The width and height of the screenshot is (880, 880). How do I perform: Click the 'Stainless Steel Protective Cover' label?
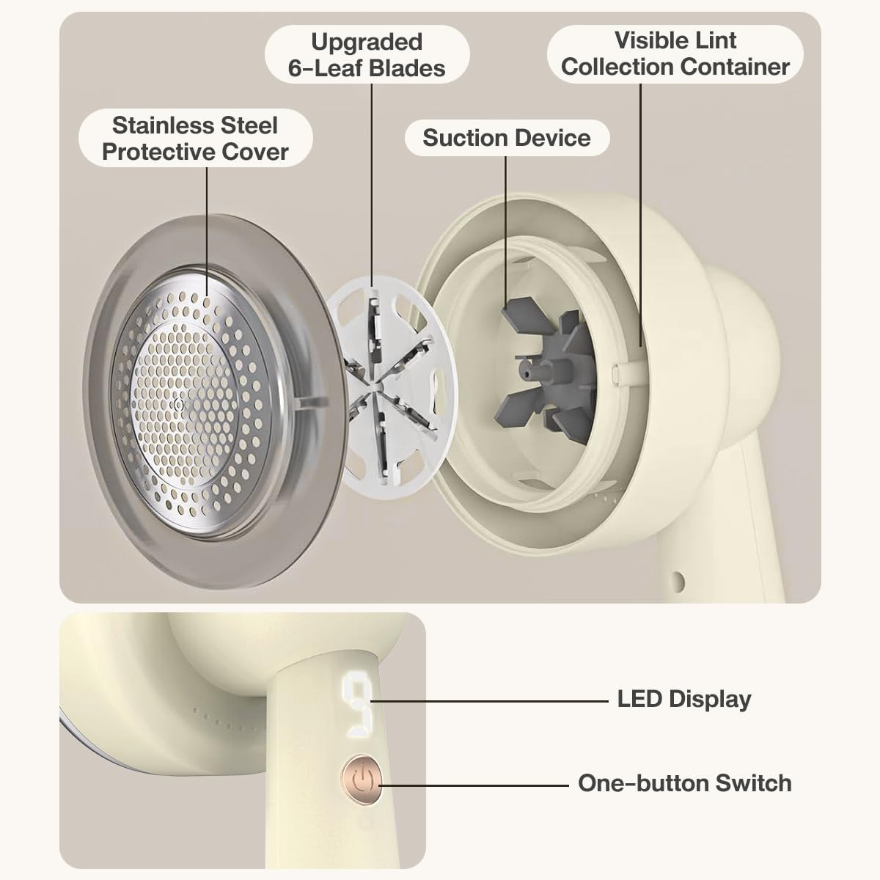coord(196,139)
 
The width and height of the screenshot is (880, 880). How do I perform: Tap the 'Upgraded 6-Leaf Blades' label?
coord(367,55)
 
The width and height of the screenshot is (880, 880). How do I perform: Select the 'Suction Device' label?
coord(507,137)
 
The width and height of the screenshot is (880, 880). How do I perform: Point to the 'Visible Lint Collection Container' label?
coord(675,54)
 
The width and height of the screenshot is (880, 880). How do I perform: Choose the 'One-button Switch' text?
coord(684,783)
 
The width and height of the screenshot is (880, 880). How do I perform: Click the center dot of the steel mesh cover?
coord(178,405)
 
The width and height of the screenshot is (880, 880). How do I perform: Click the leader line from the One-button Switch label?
coord(474,785)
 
